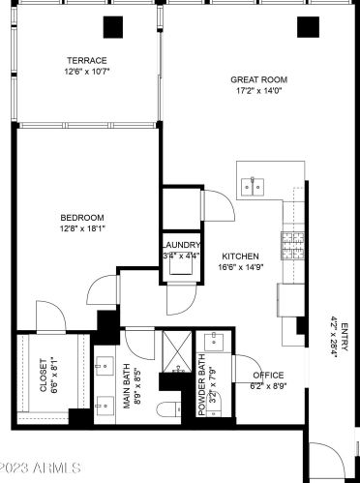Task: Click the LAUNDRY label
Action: (x=181, y=245)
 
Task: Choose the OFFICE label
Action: (x=268, y=375)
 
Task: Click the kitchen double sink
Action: (x=255, y=185)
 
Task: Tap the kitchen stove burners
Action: (x=291, y=246)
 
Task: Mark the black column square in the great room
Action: (x=308, y=28)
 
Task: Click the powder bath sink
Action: (x=214, y=341)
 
